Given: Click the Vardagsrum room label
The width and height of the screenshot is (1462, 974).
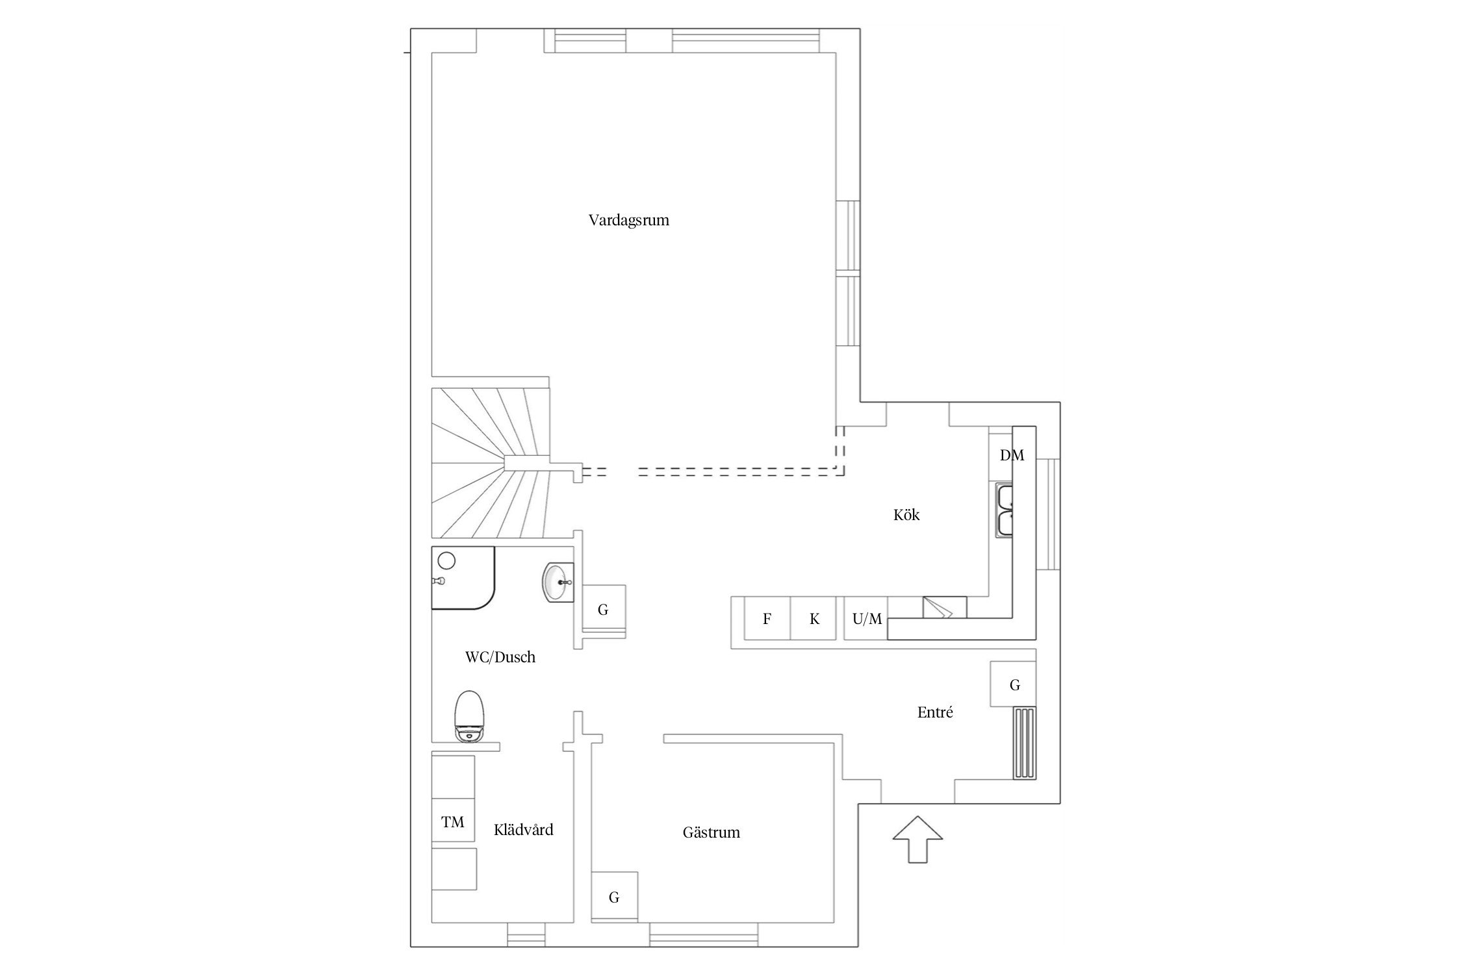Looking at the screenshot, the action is pyautogui.click(x=628, y=220).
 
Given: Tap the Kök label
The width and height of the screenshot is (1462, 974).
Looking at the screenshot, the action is pyautogui.click(x=906, y=515).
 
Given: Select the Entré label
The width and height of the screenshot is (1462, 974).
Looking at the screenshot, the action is pyautogui.click(x=935, y=712).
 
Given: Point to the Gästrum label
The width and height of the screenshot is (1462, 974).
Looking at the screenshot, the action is pyautogui.click(x=711, y=832).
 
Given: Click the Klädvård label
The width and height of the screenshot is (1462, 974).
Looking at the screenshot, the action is pyautogui.click(x=523, y=829).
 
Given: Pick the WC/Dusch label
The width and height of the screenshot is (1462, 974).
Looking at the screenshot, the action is pyautogui.click(x=500, y=657).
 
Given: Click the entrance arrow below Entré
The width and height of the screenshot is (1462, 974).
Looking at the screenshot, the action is pyautogui.click(x=917, y=839).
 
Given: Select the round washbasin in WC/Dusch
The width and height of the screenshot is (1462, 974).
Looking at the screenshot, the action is pyautogui.click(x=558, y=582).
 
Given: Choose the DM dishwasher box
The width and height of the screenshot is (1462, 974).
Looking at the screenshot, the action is pyautogui.click(x=1011, y=455).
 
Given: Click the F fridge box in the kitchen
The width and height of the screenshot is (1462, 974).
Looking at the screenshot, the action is pyautogui.click(x=767, y=618).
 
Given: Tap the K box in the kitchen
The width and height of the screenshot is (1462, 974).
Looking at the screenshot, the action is pyautogui.click(x=814, y=618).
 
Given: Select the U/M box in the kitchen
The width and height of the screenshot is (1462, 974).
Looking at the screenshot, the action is pyautogui.click(x=866, y=618).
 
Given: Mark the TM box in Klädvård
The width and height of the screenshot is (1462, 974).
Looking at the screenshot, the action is pyautogui.click(x=453, y=821).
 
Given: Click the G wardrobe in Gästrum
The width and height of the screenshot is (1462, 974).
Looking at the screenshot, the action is pyautogui.click(x=614, y=897).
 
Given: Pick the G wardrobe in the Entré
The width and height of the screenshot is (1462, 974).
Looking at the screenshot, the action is pyautogui.click(x=1013, y=684).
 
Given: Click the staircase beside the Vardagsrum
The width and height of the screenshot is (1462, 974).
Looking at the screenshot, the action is pyautogui.click(x=491, y=463).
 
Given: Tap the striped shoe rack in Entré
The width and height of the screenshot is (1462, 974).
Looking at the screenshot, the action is pyautogui.click(x=1024, y=743).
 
